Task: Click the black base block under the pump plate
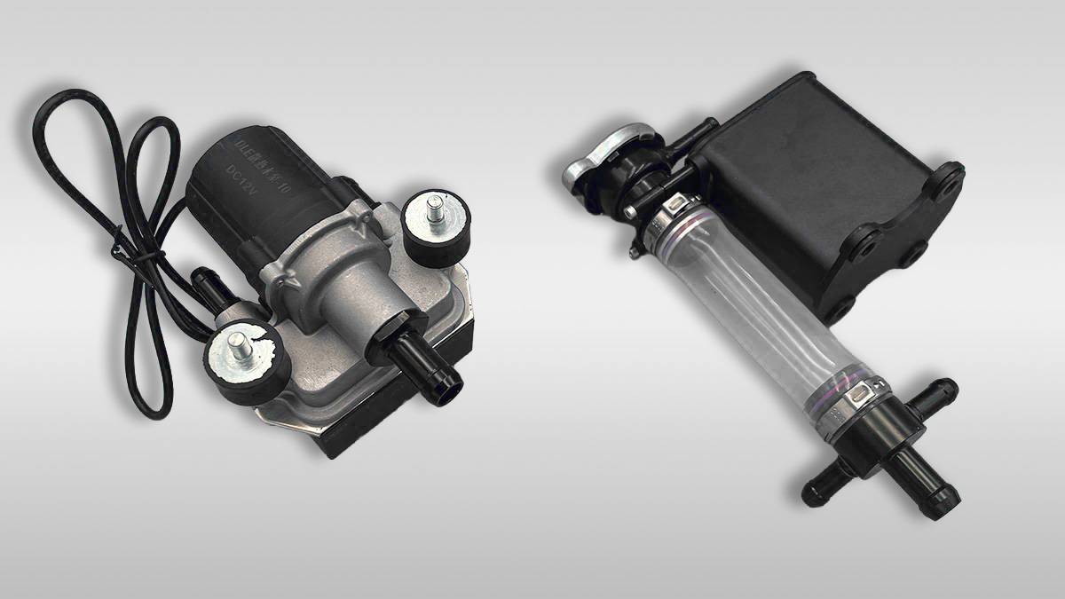355,439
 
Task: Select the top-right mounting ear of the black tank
946,177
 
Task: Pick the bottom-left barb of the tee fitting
821,488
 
